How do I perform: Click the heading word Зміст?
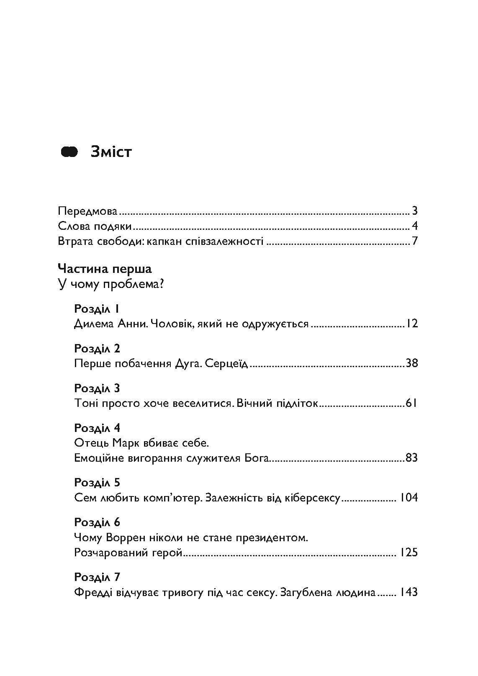coord(111,152)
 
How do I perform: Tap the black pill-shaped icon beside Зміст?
coord(69,152)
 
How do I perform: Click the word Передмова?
coord(87,211)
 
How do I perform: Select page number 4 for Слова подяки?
coord(414,226)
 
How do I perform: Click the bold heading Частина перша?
coord(105,269)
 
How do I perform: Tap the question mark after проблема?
coord(160,285)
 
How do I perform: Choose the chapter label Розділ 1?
coord(97,309)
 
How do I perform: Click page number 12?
coord(411,324)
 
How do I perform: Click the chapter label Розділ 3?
coord(97,388)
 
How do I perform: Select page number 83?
coord(411,458)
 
